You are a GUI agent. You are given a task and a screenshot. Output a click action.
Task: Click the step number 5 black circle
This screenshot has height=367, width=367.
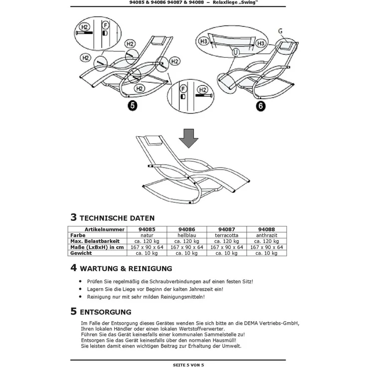coord(133,106)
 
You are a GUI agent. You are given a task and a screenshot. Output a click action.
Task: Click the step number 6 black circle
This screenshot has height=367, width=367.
coord(260,106)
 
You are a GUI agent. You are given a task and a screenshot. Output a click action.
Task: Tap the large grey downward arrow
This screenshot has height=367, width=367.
coord(188,138)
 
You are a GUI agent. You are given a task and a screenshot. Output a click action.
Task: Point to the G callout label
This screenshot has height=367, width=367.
coord(280,31)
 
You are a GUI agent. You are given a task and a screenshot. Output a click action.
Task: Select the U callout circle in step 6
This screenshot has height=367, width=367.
coord(235,52)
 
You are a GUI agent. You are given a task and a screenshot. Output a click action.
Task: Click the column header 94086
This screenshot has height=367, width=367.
coord(187,229)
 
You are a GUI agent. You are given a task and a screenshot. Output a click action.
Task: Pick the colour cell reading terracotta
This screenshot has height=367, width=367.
coord(226,235)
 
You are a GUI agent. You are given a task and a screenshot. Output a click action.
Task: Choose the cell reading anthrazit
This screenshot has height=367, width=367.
coord(267,235)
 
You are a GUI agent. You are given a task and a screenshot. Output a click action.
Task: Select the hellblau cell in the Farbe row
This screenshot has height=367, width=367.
coord(187,235)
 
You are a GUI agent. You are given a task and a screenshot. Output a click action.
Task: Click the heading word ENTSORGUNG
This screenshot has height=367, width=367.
coord(106,312)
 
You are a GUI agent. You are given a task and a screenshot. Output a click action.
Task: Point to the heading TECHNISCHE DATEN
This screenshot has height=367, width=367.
coord(117,218)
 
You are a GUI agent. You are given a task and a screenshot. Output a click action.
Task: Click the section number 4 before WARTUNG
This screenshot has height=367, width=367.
coord(73,268)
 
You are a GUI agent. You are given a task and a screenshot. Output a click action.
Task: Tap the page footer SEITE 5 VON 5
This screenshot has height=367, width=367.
coord(188,365)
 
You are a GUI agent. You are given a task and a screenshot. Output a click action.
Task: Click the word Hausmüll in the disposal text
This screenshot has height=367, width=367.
coord(224,340)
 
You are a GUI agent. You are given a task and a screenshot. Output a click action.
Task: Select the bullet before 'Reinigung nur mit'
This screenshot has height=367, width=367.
coord(80,297)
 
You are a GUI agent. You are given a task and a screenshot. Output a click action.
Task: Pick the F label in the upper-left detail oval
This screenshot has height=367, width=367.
coord(105,25)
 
